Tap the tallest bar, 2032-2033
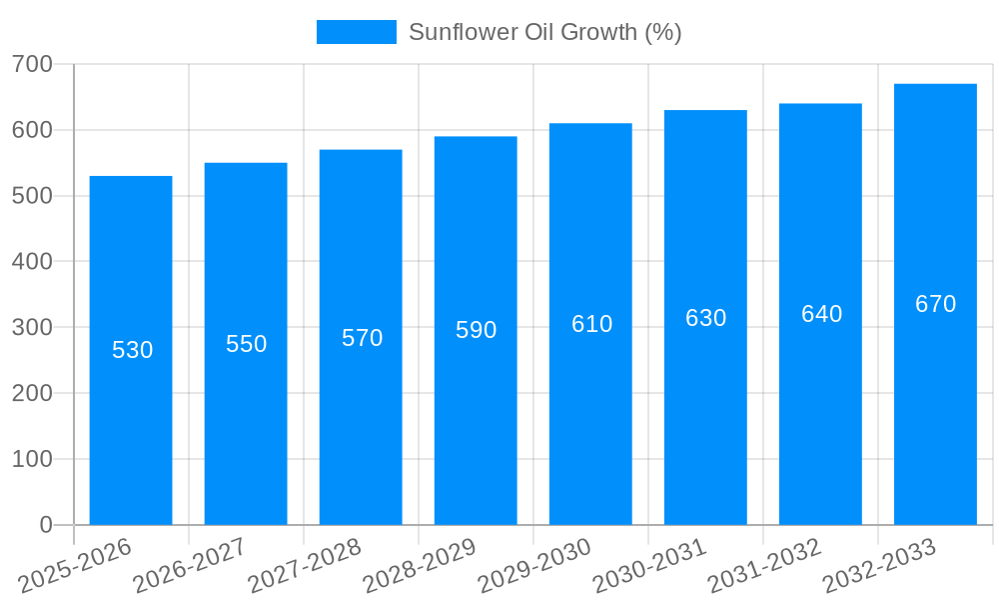tap(935, 420)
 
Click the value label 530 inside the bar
tap(132, 350)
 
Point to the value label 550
tap(246, 344)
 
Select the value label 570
tap(362, 338)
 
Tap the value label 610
tap(591, 324)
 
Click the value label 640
tap(821, 314)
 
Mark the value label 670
tap(935, 304)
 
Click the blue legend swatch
tap(356, 32)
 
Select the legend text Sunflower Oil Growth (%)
tap(544, 32)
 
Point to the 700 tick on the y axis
tap(32, 64)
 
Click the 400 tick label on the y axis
tap(32, 262)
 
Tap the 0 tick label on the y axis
tap(46, 525)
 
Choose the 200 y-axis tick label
tap(32, 393)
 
